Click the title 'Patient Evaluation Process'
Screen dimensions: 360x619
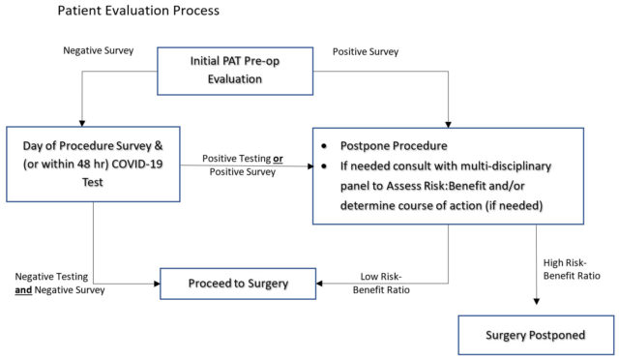point(137,12)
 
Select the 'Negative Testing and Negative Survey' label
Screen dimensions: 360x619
point(60,283)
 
